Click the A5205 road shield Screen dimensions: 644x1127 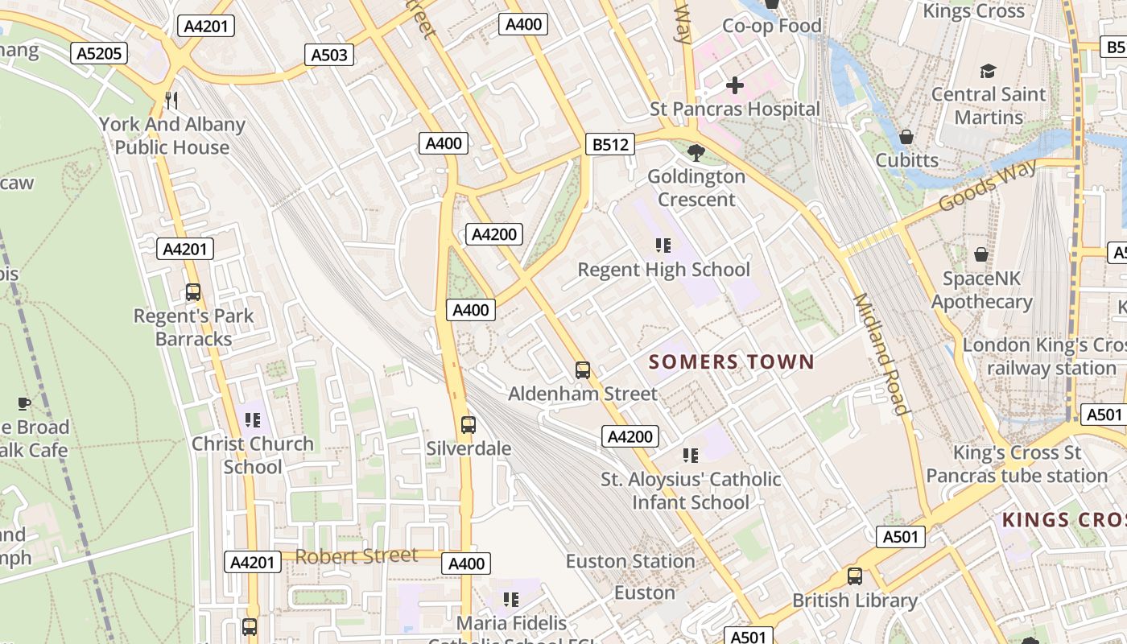tap(101, 54)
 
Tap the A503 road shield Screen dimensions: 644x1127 tap(329, 55)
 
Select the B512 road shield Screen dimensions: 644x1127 tap(609, 145)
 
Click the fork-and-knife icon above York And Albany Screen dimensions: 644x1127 tap(171, 101)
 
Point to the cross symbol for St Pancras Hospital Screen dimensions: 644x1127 tap(734, 85)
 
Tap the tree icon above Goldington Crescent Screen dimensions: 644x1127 tap(696, 152)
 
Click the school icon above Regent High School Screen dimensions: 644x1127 tap(663, 246)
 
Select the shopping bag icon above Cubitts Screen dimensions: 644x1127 tap(906, 137)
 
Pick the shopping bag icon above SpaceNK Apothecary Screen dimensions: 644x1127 tap(981, 254)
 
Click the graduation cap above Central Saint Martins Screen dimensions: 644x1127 tap(988, 71)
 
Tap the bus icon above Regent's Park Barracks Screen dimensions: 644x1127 tap(193, 292)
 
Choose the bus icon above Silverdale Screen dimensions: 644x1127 tap(469, 424)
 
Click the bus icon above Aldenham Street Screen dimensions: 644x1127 tap(583, 370)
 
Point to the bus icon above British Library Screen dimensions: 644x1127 tap(855, 576)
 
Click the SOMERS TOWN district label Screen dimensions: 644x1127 tap(732, 362)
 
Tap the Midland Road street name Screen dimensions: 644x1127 tap(881, 354)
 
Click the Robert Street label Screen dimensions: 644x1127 tap(357, 555)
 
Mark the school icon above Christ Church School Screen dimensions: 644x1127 tap(253, 420)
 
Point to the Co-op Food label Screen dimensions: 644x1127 tap(772, 26)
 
